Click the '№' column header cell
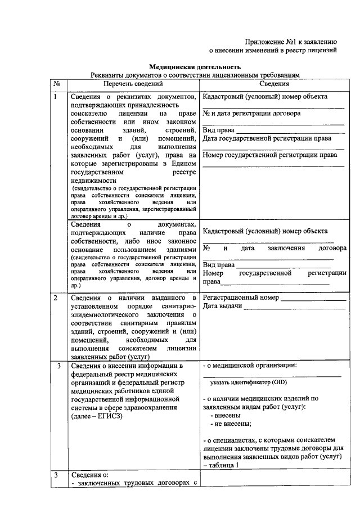(x=57, y=84)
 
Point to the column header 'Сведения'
(x=274, y=84)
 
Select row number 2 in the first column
(x=55, y=298)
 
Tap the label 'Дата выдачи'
(x=222, y=307)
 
